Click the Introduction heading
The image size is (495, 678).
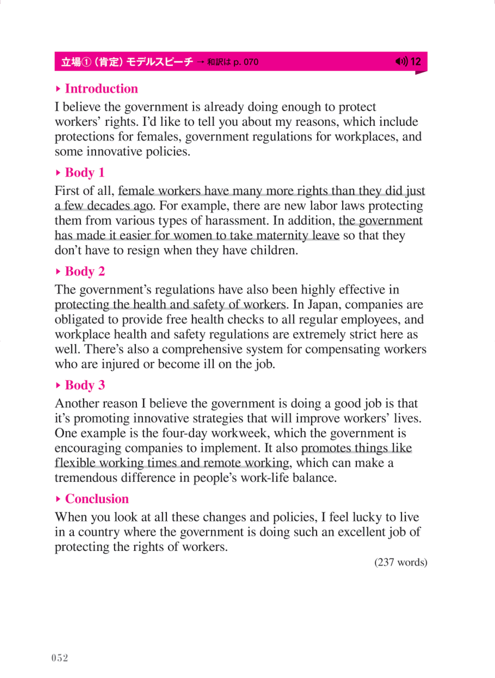pos(101,88)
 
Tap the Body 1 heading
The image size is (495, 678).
pos(85,172)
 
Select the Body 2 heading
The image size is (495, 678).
pos(85,271)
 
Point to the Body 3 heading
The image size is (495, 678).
pos(85,385)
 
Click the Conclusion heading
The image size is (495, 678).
pos(97,499)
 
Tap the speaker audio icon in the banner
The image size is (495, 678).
pos(401,61)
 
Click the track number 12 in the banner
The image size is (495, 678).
pos(416,61)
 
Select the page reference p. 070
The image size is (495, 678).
pos(246,62)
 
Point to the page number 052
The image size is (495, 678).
pos(59,658)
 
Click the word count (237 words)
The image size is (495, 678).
pos(401,562)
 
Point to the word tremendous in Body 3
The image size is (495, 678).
pos(86,478)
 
